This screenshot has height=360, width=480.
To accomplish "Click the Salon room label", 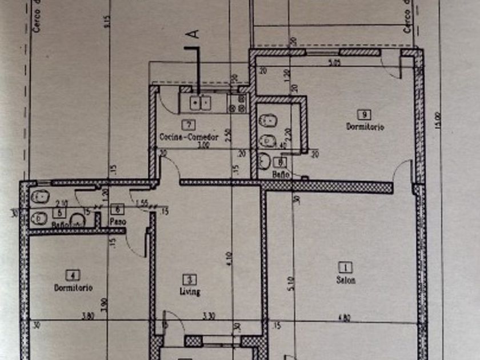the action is point(346,280).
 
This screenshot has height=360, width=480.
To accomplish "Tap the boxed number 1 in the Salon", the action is point(346,267).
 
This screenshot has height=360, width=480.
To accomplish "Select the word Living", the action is point(190,292).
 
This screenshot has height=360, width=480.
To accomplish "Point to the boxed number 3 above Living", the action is point(189,279).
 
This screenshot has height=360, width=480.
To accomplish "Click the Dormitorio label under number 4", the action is point(73,288).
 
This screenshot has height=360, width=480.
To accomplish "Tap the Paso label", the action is point(118,221).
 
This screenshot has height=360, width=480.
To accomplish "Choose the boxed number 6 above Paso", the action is point(118,210).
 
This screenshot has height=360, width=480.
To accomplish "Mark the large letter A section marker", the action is point(194,34).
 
